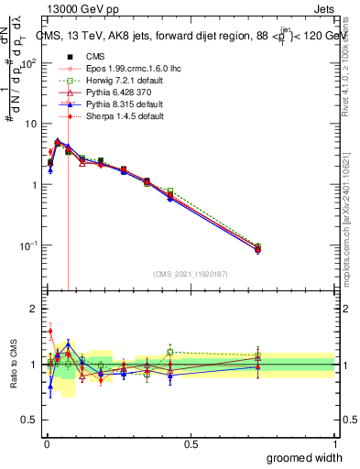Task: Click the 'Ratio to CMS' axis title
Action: point(13,365)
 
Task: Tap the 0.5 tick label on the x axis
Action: point(191,443)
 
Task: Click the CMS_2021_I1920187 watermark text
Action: point(190,273)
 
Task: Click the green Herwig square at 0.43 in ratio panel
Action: point(170,352)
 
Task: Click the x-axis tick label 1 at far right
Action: point(333,443)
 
